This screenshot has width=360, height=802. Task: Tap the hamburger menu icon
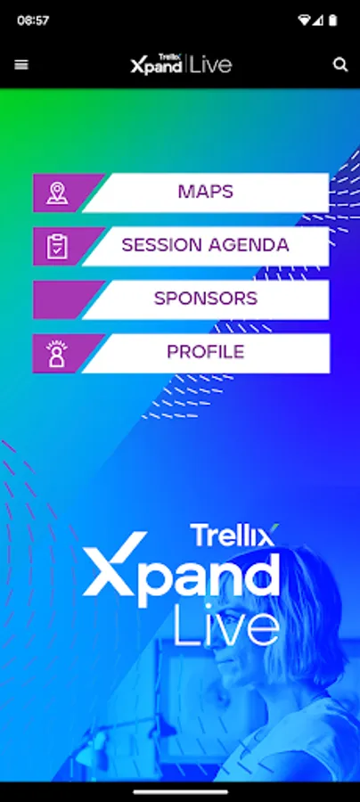[x=21, y=65]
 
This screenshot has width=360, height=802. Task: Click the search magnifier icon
[x=340, y=65]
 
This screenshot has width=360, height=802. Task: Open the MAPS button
[x=181, y=192]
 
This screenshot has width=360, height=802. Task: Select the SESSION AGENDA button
[x=181, y=246]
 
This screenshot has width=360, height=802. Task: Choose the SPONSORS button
[x=181, y=299]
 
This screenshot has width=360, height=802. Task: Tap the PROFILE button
[x=181, y=353]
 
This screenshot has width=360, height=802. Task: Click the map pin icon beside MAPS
[x=57, y=192]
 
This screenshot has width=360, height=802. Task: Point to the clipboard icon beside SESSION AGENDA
[x=57, y=246]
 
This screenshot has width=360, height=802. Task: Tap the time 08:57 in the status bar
[x=33, y=20]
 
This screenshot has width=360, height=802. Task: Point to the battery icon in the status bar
[x=333, y=20]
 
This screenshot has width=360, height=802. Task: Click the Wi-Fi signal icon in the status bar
[x=304, y=20]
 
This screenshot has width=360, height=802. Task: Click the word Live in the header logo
[x=210, y=65]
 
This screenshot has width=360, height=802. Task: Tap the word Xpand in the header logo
[x=157, y=67]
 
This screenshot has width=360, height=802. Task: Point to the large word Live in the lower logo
[x=226, y=625]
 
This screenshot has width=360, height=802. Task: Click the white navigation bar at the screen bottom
[x=180, y=792]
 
